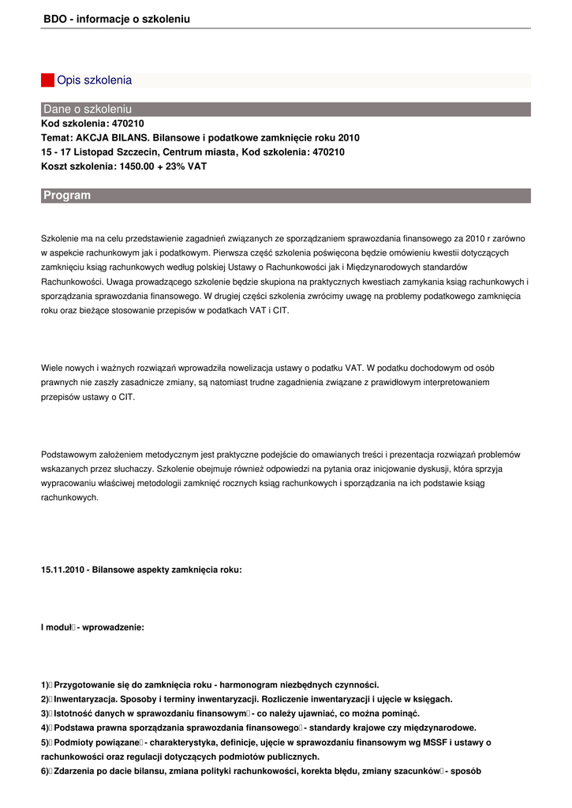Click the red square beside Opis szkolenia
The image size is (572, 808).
[47, 80]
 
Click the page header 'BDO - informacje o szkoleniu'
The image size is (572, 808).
[117, 18]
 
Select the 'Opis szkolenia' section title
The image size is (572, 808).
[94, 80]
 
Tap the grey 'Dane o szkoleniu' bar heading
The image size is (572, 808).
[88, 109]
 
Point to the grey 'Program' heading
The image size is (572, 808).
[67, 195]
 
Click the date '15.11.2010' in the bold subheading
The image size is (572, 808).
[62, 569]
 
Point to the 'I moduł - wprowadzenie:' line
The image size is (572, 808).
[92, 627]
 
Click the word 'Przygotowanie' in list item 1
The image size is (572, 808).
[85, 685]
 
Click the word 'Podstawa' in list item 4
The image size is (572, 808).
[75, 728]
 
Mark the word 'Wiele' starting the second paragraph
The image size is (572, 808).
[51, 368]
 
